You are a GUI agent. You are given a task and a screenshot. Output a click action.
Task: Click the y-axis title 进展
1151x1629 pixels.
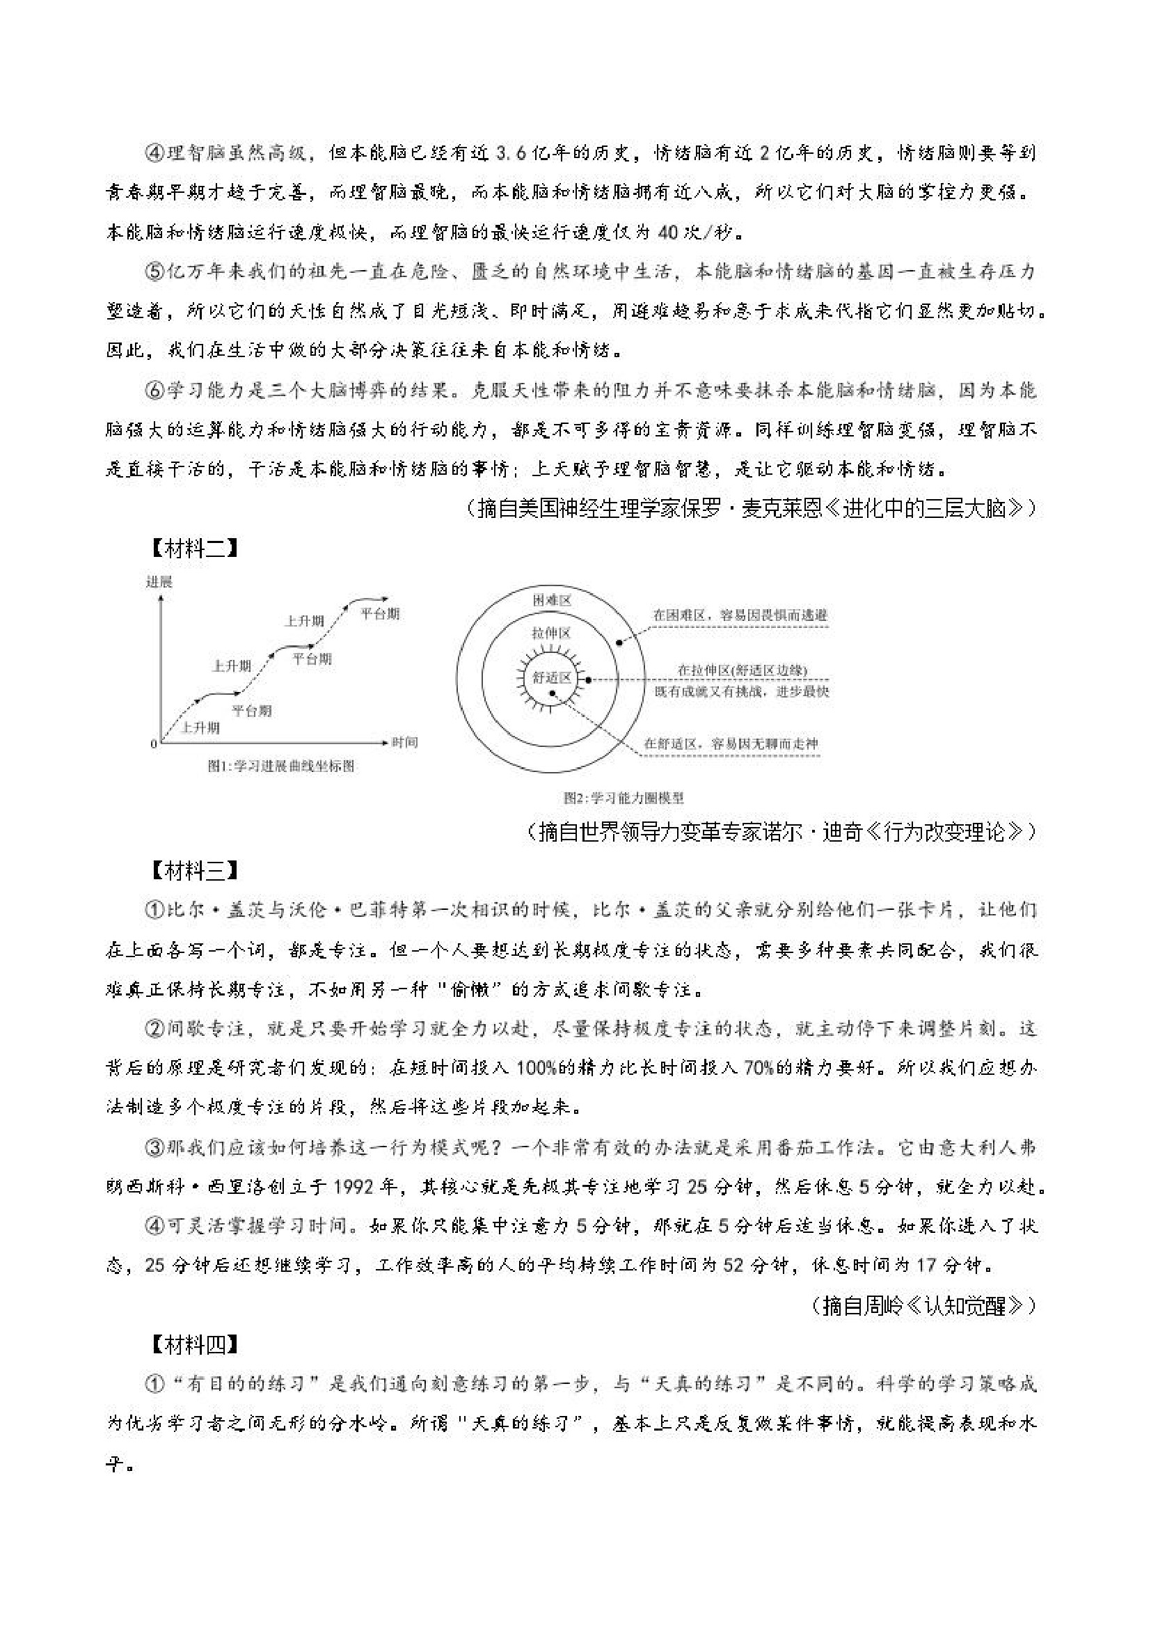159,582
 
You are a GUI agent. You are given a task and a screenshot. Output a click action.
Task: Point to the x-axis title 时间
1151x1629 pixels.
405,742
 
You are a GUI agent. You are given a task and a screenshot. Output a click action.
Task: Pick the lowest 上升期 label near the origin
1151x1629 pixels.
200,727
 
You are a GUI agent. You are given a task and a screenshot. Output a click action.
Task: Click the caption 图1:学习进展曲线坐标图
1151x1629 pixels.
281,766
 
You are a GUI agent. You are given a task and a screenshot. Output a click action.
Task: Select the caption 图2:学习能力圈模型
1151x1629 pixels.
624,798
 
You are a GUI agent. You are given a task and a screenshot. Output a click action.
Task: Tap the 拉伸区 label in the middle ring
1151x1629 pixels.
551,633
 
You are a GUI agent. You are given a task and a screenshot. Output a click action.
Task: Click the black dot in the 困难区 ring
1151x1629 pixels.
619,642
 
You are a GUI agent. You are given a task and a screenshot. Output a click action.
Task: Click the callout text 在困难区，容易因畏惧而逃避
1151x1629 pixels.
740,615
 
